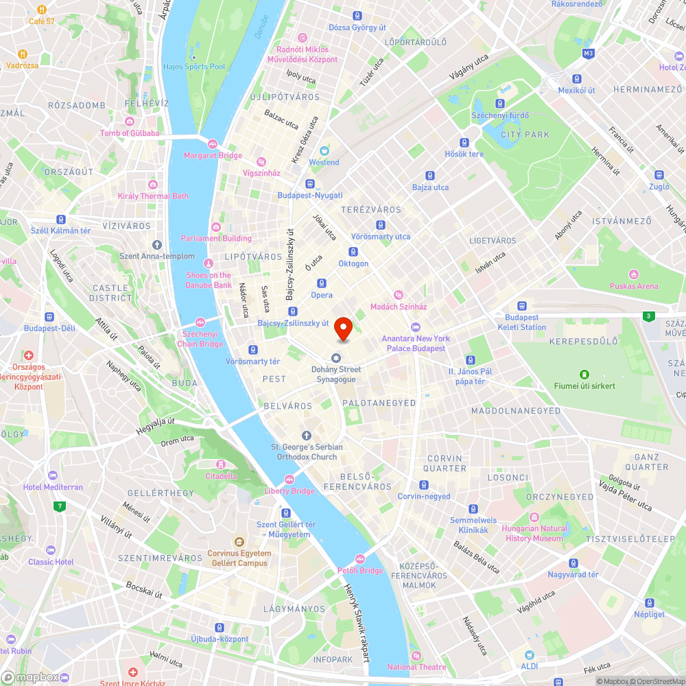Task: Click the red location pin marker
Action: click(343, 329)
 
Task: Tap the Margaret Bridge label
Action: click(213, 156)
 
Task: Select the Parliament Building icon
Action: click(216, 227)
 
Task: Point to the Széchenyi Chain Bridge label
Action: click(200, 339)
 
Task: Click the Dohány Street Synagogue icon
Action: click(336, 357)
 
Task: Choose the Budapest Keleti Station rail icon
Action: click(522, 306)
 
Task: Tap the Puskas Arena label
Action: click(635, 286)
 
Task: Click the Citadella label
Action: click(222, 476)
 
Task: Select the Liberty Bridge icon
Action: click(289, 480)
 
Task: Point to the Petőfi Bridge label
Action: click(360, 571)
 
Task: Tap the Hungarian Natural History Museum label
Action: click(535, 533)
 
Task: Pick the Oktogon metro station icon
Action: click(353, 252)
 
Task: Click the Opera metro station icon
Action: click(321, 283)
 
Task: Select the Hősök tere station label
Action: click(464, 154)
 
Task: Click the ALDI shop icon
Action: click(529, 655)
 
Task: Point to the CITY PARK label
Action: click(525, 134)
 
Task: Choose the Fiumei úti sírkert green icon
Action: click(584, 374)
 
